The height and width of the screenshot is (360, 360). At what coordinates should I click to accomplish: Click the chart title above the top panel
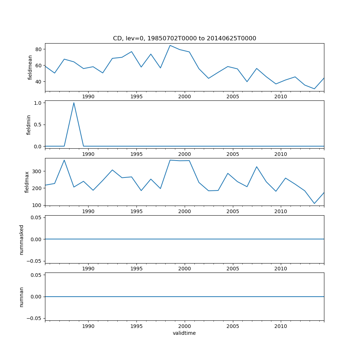[x=184, y=39]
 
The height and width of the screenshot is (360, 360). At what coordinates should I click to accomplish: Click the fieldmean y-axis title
[x=30, y=67]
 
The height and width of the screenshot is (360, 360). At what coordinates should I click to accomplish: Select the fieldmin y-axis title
[x=29, y=125]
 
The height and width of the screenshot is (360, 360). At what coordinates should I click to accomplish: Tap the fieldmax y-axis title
[x=27, y=182]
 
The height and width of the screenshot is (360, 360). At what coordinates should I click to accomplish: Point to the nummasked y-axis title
[x=22, y=239]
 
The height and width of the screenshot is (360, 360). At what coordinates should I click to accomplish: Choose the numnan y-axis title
[x=22, y=297]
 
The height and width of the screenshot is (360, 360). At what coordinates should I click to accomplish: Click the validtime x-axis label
[x=184, y=333]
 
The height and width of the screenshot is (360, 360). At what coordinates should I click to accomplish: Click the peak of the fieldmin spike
[x=74, y=103]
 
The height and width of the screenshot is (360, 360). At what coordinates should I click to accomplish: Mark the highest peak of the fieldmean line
[x=170, y=45]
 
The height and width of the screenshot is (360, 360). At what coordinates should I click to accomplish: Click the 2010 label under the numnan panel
[x=281, y=327]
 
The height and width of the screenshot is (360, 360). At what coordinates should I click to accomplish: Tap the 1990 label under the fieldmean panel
[x=88, y=97]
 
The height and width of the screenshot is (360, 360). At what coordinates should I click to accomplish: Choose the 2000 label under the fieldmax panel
[x=184, y=212]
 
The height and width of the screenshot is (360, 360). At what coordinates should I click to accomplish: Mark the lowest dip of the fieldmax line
[x=314, y=203]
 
